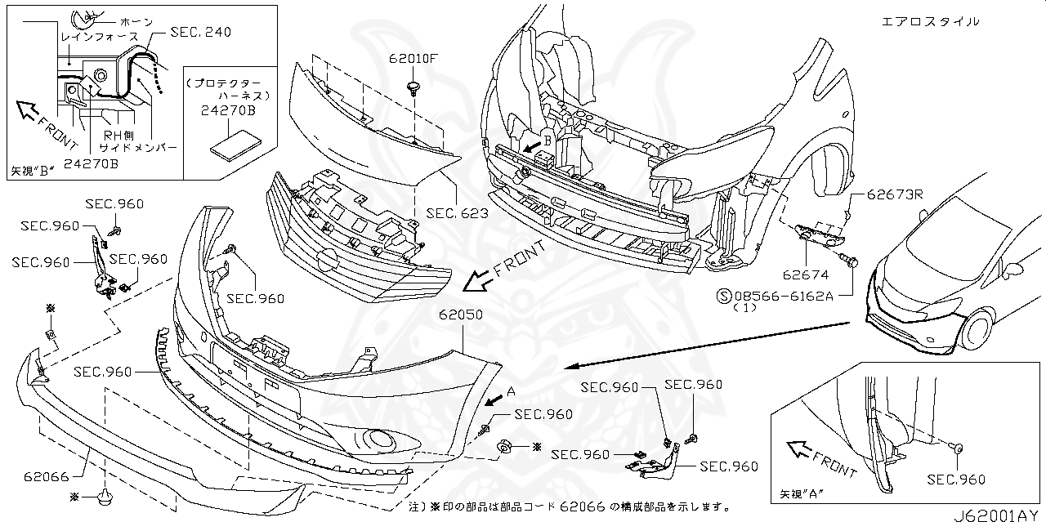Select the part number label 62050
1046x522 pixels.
(460, 314)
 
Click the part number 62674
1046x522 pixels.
(805, 276)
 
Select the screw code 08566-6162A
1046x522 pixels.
(784, 295)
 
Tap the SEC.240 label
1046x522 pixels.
(200, 32)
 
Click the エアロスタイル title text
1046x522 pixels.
(930, 21)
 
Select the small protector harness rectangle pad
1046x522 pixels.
(235, 146)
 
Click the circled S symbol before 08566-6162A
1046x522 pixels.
(723, 295)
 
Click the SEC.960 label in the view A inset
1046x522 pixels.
(957, 480)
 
